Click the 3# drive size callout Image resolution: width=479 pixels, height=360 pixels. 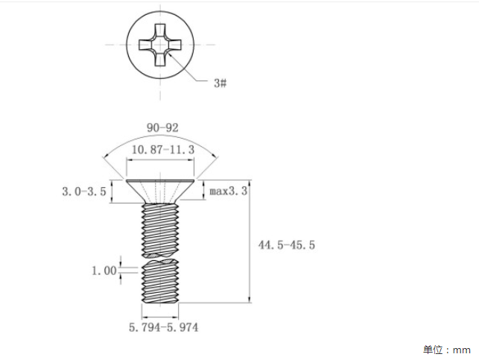pyautogui.click(x=220, y=83)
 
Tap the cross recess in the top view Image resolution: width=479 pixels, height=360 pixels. pyautogui.click(x=160, y=45)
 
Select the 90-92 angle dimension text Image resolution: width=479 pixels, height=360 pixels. pyautogui.click(x=162, y=127)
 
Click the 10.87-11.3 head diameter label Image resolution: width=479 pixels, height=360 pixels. pyautogui.click(x=163, y=150)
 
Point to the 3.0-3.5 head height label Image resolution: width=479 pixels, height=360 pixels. pyautogui.click(x=84, y=192)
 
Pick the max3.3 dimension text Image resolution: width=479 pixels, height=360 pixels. pyautogui.click(x=228, y=191)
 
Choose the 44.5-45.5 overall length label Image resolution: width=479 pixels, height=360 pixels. pyautogui.click(x=287, y=244)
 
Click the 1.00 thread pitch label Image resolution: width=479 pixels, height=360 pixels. pyautogui.click(x=104, y=271)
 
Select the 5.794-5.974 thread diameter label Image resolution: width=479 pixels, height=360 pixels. pyautogui.click(x=163, y=327)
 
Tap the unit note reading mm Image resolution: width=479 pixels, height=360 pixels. pyautogui.click(x=461, y=350)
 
